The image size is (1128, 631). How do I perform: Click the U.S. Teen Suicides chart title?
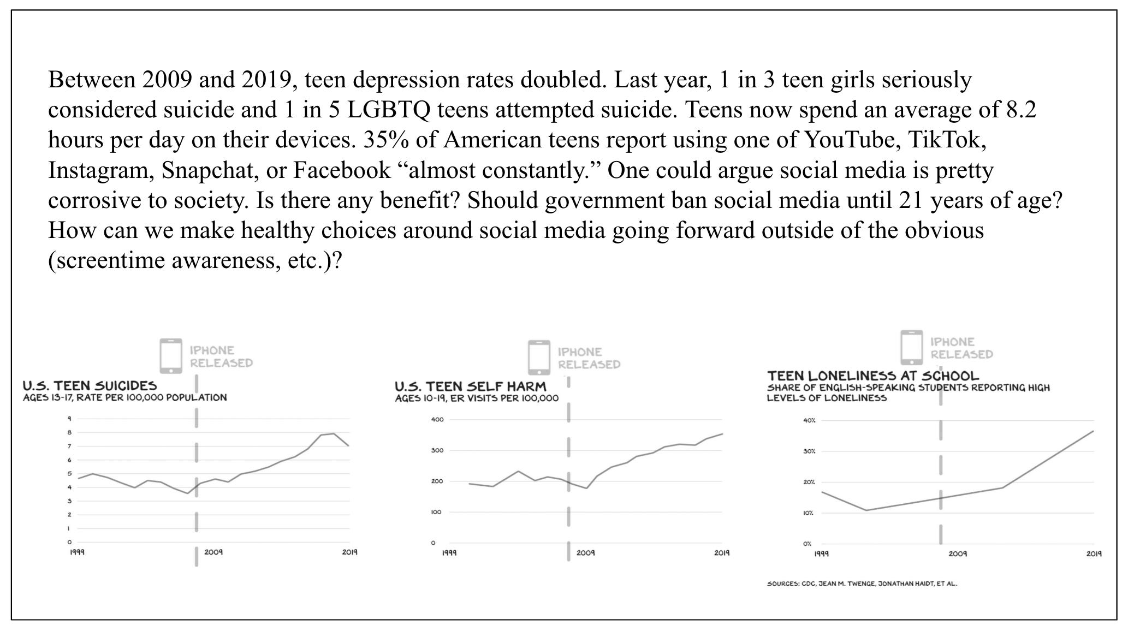[x=90, y=386]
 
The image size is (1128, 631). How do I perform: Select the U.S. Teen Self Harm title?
[x=470, y=386]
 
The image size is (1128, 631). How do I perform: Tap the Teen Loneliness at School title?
[x=872, y=376]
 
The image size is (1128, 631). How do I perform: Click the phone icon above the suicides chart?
[x=171, y=356]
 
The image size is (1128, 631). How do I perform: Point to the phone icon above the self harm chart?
[x=539, y=358]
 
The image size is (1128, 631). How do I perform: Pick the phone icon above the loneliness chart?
[x=911, y=347]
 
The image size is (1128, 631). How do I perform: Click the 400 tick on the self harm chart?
[x=438, y=420]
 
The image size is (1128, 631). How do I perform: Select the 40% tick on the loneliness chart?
[x=809, y=420]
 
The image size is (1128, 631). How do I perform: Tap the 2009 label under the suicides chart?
[x=213, y=552]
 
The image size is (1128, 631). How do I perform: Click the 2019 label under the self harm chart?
[x=722, y=553]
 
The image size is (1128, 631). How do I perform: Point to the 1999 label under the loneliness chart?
[x=821, y=553]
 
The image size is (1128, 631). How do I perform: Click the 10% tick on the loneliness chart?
[x=808, y=513]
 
